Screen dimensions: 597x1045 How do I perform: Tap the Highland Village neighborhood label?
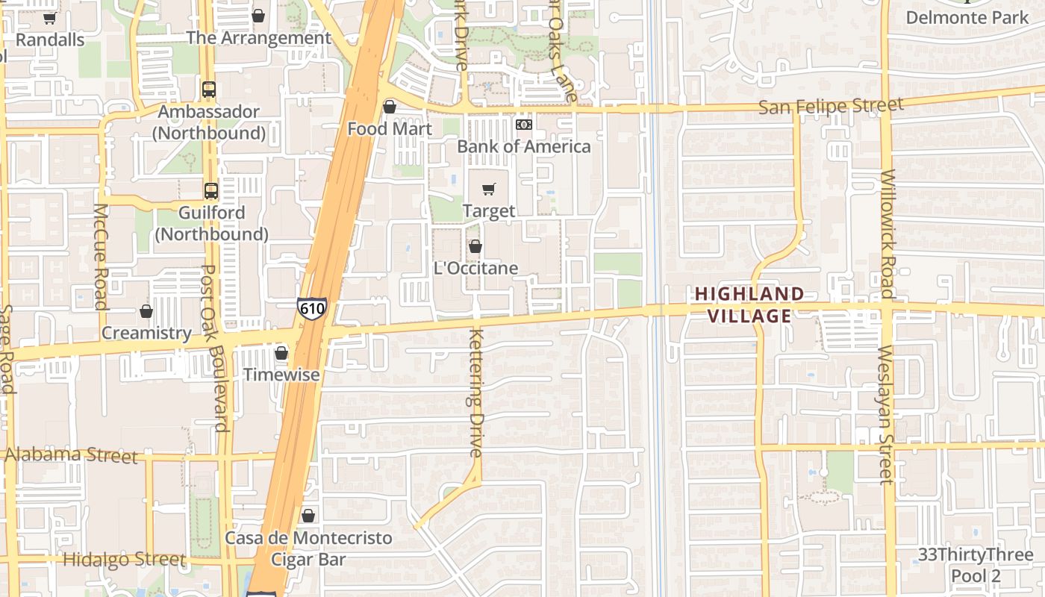pos(749,304)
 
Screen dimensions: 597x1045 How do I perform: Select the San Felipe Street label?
pos(831,106)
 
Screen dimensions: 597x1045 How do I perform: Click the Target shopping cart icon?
pos(489,190)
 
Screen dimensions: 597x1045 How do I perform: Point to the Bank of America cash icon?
pos(524,125)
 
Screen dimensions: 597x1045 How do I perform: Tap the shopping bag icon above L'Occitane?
pos(475,246)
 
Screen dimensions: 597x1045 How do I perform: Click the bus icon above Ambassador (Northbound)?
pos(209,90)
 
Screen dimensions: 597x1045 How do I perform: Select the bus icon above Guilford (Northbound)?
pos(211,191)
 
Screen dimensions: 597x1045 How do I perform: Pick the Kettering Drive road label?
pos(476,393)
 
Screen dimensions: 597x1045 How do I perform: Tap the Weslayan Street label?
pos(886,414)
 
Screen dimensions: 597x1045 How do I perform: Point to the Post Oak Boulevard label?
pos(215,348)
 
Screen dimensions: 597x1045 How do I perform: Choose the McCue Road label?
pos(100,256)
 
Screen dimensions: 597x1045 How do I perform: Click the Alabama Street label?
pos(72,454)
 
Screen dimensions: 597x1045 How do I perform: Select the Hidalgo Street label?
pos(124,559)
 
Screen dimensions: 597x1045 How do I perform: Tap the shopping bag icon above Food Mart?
pos(389,107)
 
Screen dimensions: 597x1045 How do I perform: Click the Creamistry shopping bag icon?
pos(146,311)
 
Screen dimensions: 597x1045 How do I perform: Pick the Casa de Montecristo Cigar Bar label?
pos(308,548)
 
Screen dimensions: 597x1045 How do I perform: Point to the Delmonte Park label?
pos(967,17)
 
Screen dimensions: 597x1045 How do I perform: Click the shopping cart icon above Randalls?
pos(49,18)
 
